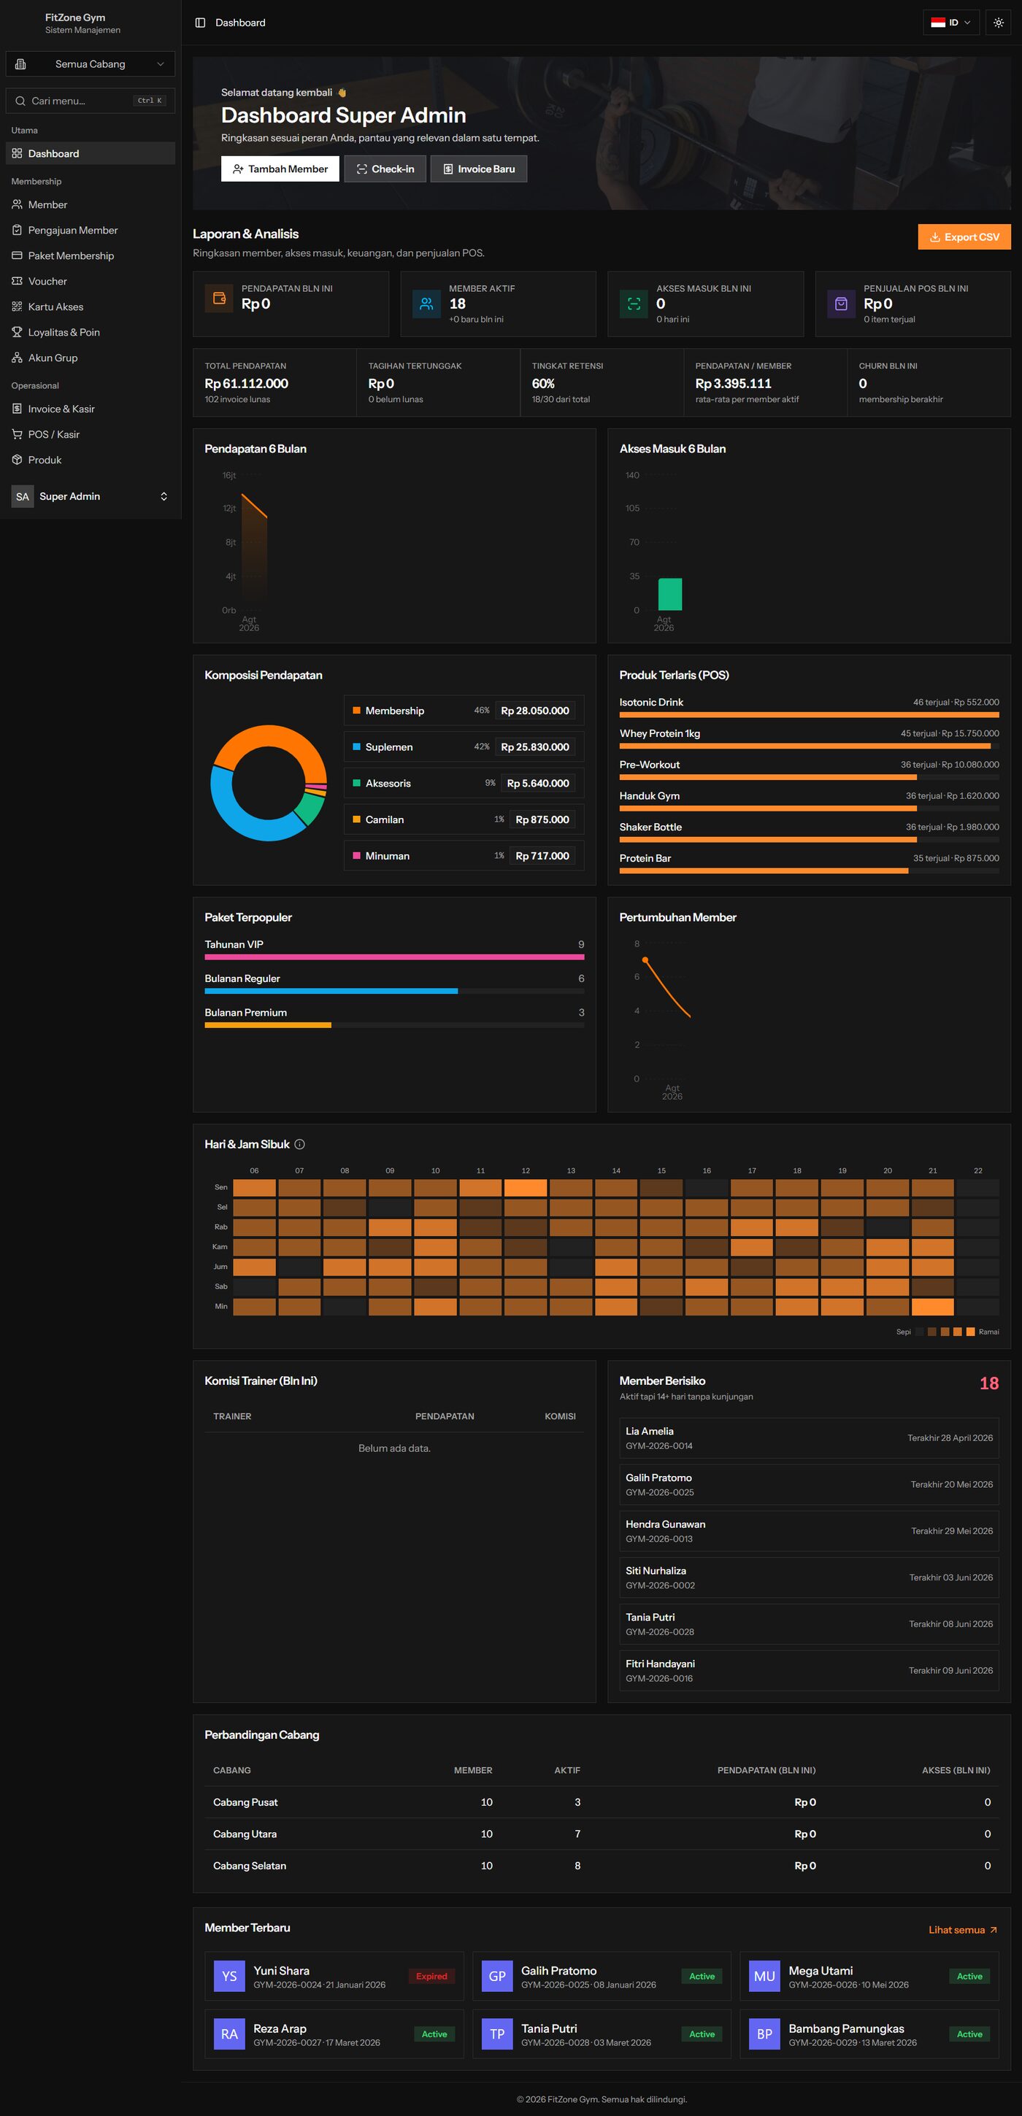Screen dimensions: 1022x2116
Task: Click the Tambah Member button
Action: pyautogui.click(x=280, y=169)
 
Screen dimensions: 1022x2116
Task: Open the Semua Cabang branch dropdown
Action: pyautogui.click(x=91, y=64)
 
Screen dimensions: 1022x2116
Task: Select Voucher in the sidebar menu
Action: pyautogui.click(x=47, y=281)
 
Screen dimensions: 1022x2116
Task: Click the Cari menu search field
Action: pyautogui.click(x=91, y=100)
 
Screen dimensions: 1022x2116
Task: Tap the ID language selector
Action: pyautogui.click(x=951, y=22)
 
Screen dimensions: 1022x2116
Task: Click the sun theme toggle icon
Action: pyautogui.click(x=998, y=22)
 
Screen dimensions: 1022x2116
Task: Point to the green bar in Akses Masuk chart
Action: pyautogui.click(x=669, y=594)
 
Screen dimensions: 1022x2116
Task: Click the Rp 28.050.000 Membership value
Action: pyautogui.click(x=535, y=711)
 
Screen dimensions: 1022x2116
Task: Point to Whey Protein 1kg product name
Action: pyautogui.click(x=660, y=733)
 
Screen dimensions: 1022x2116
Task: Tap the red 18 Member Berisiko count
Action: pyautogui.click(x=989, y=1383)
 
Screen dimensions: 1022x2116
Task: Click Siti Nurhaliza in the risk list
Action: pyautogui.click(x=656, y=1570)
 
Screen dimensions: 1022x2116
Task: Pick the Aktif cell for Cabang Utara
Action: pyautogui.click(x=577, y=1834)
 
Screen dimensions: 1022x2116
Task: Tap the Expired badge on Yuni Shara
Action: pyautogui.click(x=431, y=1975)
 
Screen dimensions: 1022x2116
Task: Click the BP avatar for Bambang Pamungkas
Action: pyautogui.click(x=764, y=2034)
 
